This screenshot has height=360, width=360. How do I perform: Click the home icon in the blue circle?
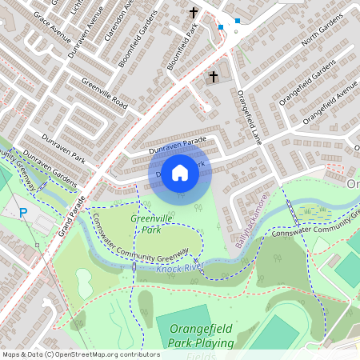(x=180, y=172)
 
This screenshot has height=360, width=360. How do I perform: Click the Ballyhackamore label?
(x=251, y=226)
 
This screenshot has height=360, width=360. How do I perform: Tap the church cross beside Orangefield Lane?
(x=213, y=77)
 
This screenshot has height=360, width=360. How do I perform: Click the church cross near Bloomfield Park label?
(x=193, y=12)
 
